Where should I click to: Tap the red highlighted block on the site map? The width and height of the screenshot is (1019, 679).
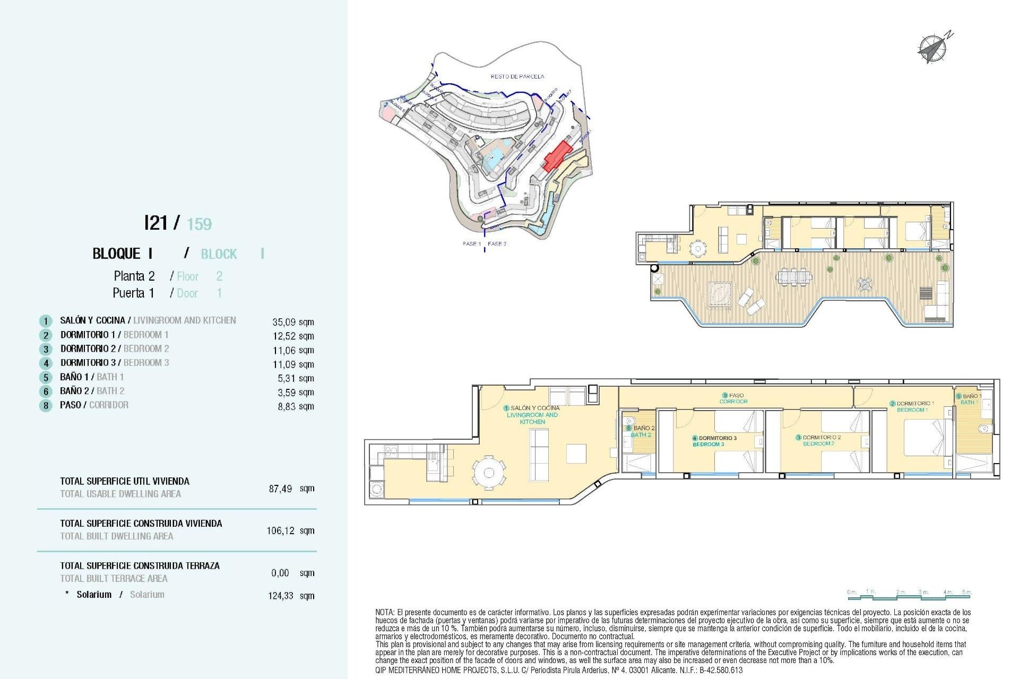pyautogui.click(x=557, y=155)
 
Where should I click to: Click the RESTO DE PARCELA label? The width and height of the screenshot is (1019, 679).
pyautogui.click(x=517, y=76)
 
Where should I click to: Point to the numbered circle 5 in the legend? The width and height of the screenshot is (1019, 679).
pyautogui.click(x=46, y=378)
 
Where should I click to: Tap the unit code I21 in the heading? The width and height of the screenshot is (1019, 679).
pyautogui.click(x=156, y=223)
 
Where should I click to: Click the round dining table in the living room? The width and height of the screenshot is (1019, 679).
pyautogui.click(x=489, y=473)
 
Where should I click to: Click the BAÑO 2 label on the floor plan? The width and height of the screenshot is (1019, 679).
pyautogui.click(x=643, y=428)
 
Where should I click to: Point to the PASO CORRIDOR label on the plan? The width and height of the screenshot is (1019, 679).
pyautogui.click(x=734, y=398)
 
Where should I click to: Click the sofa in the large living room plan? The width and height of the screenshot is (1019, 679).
pyautogui.click(x=539, y=455)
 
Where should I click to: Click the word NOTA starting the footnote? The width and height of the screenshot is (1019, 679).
pyautogui.click(x=385, y=612)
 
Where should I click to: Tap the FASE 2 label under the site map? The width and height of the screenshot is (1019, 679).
pyautogui.click(x=497, y=244)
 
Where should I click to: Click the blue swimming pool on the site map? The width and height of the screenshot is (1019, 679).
pyautogui.click(x=495, y=158)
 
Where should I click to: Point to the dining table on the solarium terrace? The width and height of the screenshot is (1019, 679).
pyautogui.click(x=794, y=276)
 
